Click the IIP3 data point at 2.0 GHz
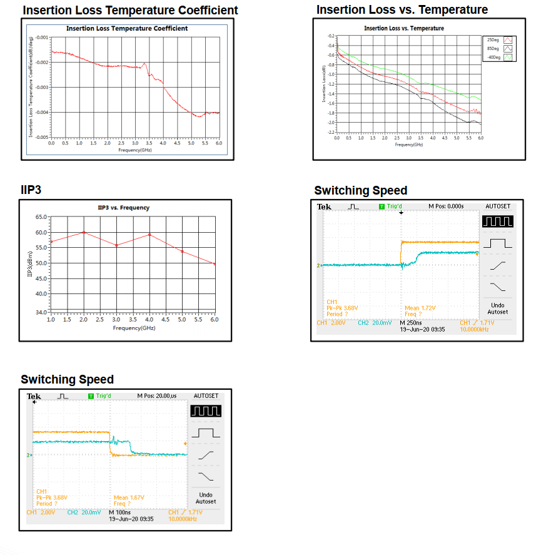(x=84, y=233)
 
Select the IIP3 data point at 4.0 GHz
(x=149, y=235)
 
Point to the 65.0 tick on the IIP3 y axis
(x=41, y=217)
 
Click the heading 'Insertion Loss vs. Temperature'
(x=402, y=10)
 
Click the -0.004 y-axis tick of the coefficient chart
(x=42, y=112)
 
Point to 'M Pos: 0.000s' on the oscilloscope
(x=446, y=206)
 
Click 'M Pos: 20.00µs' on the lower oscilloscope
(x=156, y=395)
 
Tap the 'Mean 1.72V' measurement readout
(x=420, y=308)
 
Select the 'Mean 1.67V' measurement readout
(x=129, y=497)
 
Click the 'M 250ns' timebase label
(x=411, y=323)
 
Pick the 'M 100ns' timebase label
(x=121, y=512)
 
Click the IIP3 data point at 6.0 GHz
(x=215, y=264)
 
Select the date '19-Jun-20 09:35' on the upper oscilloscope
(x=422, y=329)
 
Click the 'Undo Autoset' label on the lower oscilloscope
(x=206, y=498)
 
